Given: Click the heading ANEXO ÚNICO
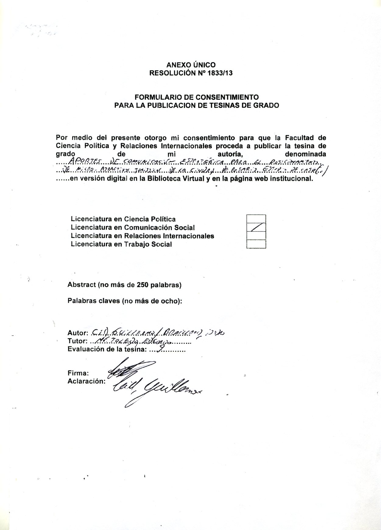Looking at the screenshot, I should [x=191, y=65].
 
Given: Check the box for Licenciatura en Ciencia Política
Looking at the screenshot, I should [x=256, y=219].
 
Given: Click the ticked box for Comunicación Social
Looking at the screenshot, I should [x=256, y=227].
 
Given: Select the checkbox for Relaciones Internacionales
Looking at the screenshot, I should [x=256, y=236].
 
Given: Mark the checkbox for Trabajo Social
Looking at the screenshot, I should [x=256, y=244].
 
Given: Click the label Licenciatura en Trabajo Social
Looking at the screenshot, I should [x=121, y=244].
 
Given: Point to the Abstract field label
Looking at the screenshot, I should [x=124, y=285].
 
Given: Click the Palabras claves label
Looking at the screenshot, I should [x=125, y=301].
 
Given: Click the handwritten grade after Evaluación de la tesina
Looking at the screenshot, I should [x=162, y=349].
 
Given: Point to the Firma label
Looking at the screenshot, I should [x=78, y=373].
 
